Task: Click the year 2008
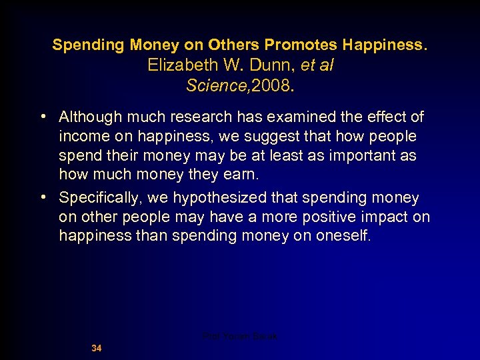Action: (x=271, y=86)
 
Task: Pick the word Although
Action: (x=87, y=117)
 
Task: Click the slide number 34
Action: (x=97, y=348)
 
